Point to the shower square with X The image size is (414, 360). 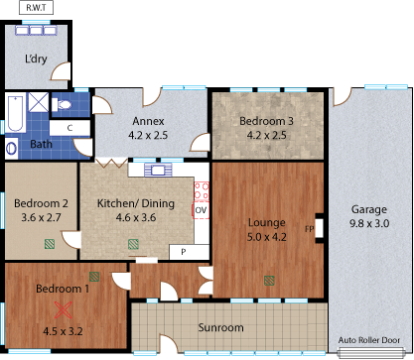[38, 103]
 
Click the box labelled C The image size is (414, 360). [69, 127]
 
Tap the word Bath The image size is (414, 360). [41, 144]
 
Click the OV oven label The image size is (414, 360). [201, 210]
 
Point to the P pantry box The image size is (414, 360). [182, 252]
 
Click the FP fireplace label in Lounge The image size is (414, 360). [310, 229]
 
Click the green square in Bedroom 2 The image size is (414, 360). [50, 242]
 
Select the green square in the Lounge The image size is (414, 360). [268, 280]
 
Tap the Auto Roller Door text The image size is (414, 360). [374, 340]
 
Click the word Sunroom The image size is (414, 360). [220, 327]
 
